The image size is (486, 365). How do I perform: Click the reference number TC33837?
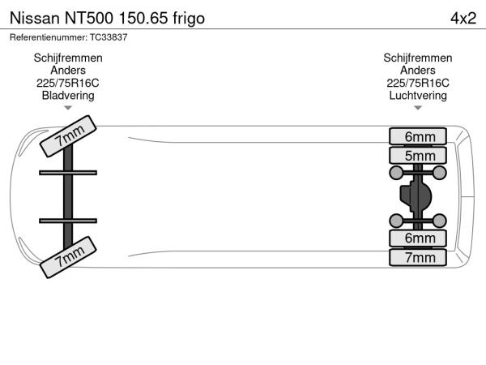[x=109, y=37]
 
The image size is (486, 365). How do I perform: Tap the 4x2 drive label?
[x=463, y=19]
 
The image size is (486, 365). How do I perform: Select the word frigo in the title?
[x=189, y=19]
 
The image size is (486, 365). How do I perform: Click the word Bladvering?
[x=68, y=96]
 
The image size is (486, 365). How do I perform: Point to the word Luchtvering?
[x=418, y=96]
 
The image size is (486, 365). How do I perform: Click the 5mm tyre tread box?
[x=418, y=156]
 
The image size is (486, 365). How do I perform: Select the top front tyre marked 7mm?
[x=68, y=136]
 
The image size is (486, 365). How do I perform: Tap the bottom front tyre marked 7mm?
[x=68, y=257]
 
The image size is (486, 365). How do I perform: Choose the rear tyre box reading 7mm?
[x=418, y=258]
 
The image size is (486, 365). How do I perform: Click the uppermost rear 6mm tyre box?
[x=418, y=136]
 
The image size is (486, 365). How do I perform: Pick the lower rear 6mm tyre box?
[x=418, y=238]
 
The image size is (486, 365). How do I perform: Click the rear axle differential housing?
[x=416, y=196]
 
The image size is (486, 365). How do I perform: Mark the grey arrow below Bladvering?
[x=68, y=108]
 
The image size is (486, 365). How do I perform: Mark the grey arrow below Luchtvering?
[x=418, y=108]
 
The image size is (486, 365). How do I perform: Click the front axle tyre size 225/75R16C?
[x=68, y=84]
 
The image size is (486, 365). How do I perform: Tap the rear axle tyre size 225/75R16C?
[x=418, y=84]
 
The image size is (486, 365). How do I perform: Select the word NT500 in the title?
[x=89, y=19]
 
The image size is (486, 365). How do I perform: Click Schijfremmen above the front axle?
[x=68, y=58]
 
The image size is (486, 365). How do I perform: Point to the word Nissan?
[x=35, y=19]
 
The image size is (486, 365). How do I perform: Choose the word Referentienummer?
[x=49, y=37]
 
